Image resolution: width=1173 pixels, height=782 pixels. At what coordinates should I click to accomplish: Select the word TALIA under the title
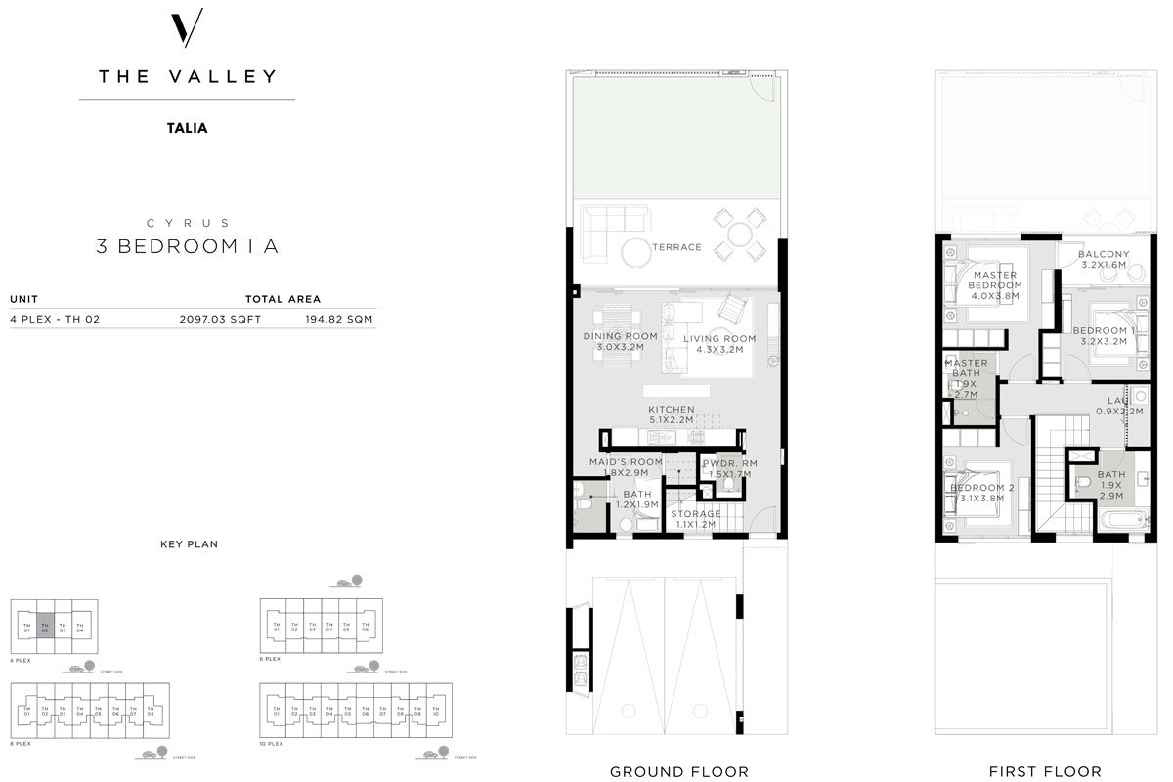[187, 127]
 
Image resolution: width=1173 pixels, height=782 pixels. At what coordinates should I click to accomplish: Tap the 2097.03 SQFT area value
[220, 319]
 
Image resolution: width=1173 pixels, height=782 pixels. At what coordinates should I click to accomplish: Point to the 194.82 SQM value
[339, 319]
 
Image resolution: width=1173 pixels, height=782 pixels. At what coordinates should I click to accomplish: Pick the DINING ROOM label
[621, 342]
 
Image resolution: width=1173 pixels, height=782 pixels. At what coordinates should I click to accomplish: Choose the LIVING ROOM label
[719, 344]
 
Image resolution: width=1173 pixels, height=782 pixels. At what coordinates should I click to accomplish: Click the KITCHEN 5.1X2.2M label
[671, 414]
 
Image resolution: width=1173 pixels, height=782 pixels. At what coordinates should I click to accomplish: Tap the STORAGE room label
[695, 519]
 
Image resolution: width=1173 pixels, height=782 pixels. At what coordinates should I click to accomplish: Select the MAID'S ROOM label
[626, 467]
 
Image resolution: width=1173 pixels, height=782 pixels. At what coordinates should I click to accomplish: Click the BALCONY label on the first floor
[1104, 260]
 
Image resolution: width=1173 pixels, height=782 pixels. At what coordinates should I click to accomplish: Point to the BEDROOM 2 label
[982, 493]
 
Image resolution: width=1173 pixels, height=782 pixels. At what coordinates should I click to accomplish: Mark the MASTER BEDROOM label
[995, 284]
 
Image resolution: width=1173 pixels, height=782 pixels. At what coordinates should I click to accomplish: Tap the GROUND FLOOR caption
[679, 772]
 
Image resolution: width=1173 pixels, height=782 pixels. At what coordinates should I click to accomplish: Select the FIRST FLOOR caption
[1045, 772]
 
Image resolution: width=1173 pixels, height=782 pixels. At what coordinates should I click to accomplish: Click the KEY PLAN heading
[189, 543]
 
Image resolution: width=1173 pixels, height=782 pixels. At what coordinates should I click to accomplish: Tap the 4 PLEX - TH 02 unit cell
[55, 319]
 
